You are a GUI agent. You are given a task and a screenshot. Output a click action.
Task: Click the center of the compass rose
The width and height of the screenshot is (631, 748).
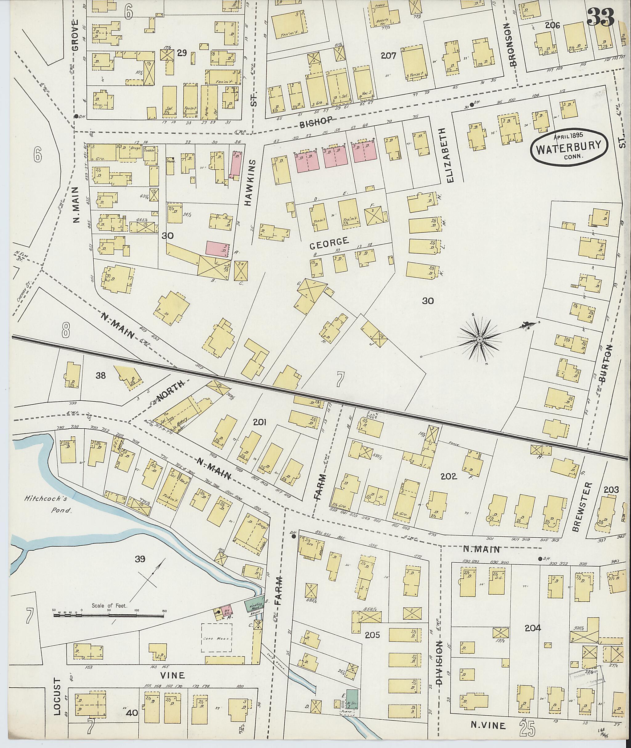(x=479, y=339)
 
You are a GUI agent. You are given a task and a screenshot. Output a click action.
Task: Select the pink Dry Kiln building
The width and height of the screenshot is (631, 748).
(x=226, y=610)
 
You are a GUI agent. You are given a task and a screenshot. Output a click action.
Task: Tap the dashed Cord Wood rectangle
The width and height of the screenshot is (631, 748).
(x=217, y=639)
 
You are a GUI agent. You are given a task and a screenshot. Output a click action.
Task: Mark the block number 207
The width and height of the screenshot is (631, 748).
(x=389, y=56)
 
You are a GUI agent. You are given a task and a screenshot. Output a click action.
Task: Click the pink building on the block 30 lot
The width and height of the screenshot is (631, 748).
(x=218, y=249)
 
